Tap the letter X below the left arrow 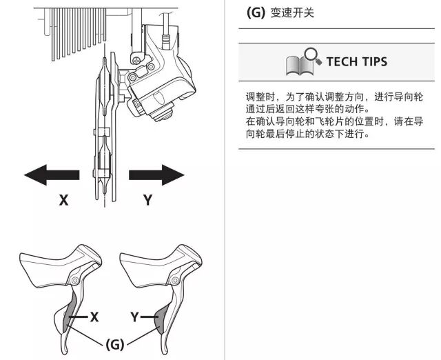pos(63,201)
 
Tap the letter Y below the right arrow pos(147,201)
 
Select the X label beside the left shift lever pos(94,317)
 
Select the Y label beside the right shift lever pos(136,317)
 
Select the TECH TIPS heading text pos(356,61)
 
